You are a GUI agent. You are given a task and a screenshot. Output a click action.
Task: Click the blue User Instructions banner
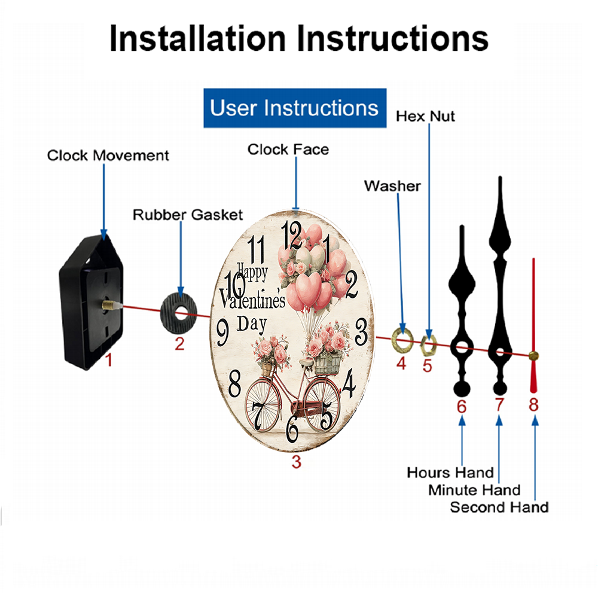[x=295, y=108]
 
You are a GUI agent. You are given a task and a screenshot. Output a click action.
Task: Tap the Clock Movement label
[x=108, y=155]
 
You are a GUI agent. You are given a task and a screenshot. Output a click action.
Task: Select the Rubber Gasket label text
[x=188, y=215]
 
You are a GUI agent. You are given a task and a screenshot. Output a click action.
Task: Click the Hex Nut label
[x=425, y=117]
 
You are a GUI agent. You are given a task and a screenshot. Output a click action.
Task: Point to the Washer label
[x=392, y=186]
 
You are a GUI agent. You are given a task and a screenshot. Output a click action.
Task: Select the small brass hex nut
[x=428, y=345]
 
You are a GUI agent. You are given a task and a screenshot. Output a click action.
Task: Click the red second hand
[x=533, y=325]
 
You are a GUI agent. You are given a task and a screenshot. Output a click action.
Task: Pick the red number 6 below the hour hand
[x=462, y=407]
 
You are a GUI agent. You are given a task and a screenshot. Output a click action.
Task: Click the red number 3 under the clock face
[x=297, y=462]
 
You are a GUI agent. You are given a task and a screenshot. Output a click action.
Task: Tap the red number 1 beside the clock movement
[x=109, y=359]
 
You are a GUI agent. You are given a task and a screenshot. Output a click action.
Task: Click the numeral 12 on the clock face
[x=292, y=234]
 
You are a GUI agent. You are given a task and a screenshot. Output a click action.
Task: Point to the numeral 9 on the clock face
[x=222, y=332]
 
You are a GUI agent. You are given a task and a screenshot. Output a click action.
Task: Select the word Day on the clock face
[x=252, y=325]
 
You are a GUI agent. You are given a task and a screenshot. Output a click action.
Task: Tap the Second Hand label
[x=499, y=507]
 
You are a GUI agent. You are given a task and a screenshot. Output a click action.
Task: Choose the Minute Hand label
[x=474, y=490]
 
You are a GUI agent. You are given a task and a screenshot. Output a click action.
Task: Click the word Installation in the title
[x=197, y=38]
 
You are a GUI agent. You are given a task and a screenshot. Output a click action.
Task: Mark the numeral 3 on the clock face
[x=361, y=332]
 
